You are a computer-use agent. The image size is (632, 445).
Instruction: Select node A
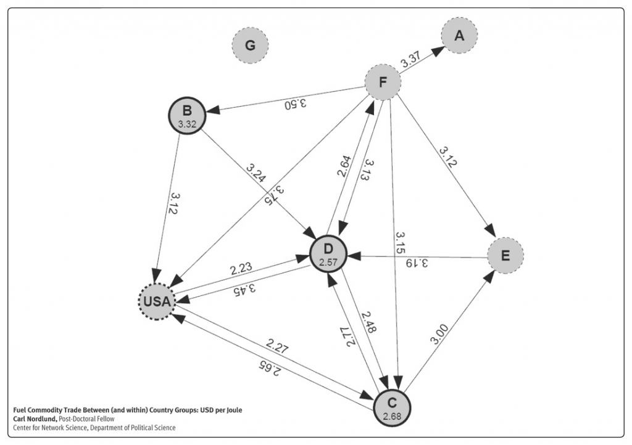tap(459, 36)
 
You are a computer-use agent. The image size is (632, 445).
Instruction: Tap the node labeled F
tap(383, 83)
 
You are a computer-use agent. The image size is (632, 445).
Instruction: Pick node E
tap(505, 255)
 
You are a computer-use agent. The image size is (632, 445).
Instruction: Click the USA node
tap(157, 302)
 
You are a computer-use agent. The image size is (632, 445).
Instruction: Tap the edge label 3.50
tap(296, 104)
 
